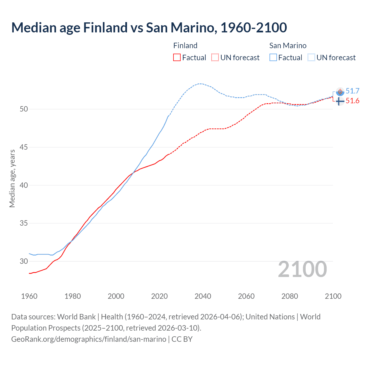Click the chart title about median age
click(x=149, y=28)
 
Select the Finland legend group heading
click(x=185, y=46)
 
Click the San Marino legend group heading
click(x=288, y=46)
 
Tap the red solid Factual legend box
click(x=177, y=58)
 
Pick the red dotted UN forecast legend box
click(x=215, y=58)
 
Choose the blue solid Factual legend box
click(x=273, y=58)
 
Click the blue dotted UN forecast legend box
click(x=311, y=58)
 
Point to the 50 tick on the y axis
click(x=24, y=109)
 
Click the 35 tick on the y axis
click(x=24, y=223)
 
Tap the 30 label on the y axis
click(x=24, y=261)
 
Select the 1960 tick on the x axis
click(x=29, y=296)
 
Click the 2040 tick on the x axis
click(x=203, y=296)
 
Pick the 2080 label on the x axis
click(x=290, y=296)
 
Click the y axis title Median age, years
click(x=12, y=178)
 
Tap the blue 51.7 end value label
click(x=352, y=91)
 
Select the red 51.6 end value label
click(x=352, y=101)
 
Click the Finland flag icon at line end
click(x=340, y=101)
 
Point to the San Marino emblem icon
click(x=340, y=92)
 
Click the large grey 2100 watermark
click(x=302, y=269)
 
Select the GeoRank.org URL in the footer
click(x=89, y=339)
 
